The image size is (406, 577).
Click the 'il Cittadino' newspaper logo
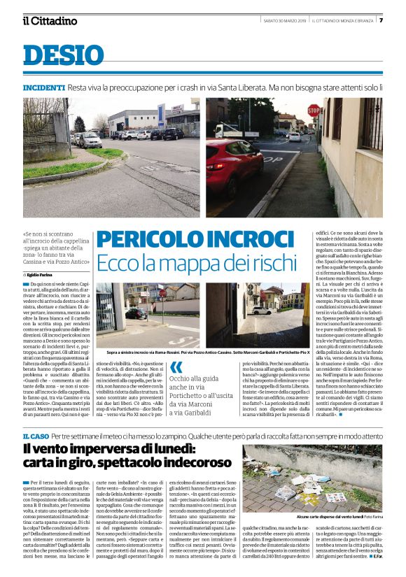(x=49, y=21)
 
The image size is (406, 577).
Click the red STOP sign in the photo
(x=314, y=111)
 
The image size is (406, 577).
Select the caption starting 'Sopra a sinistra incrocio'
(x=210, y=352)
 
